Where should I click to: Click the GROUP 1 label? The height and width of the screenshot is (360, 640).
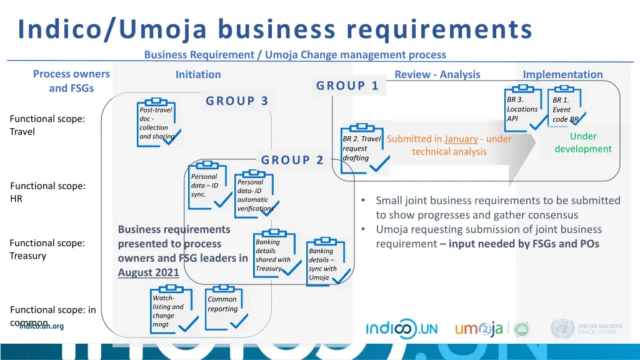point(347,86)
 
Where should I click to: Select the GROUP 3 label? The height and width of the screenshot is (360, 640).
point(237,101)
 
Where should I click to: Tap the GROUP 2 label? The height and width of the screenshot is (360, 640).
point(292,160)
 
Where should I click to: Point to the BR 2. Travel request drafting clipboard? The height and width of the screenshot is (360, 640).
point(361,147)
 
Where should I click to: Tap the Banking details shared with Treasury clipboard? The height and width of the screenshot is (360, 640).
point(272,254)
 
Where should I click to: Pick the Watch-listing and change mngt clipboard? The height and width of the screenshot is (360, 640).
point(169,310)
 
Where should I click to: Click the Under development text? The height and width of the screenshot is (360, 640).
point(583,142)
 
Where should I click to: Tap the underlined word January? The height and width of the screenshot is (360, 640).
point(461,139)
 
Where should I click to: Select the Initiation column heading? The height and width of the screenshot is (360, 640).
point(198,74)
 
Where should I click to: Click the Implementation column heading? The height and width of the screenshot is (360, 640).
point(562,74)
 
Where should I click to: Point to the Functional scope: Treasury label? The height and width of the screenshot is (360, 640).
point(47,249)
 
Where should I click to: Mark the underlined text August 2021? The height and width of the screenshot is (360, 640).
point(148,272)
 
